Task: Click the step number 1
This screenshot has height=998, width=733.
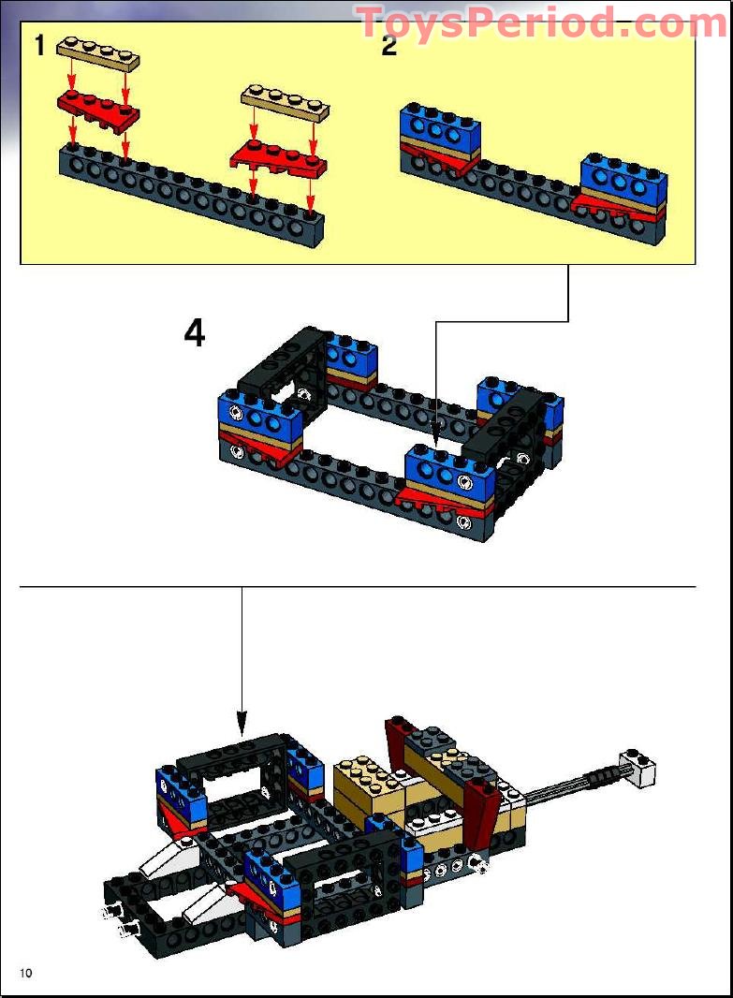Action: click(x=39, y=45)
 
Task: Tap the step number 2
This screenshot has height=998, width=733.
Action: click(x=389, y=45)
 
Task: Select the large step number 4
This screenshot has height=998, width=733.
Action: click(x=194, y=333)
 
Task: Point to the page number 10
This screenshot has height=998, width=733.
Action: click(x=25, y=974)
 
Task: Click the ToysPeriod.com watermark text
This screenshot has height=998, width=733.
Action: click(x=541, y=22)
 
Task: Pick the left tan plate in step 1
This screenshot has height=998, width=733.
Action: click(x=99, y=52)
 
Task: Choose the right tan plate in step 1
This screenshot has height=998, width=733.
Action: click(x=286, y=102)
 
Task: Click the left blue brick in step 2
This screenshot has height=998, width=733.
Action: click(x=440, y=127)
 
